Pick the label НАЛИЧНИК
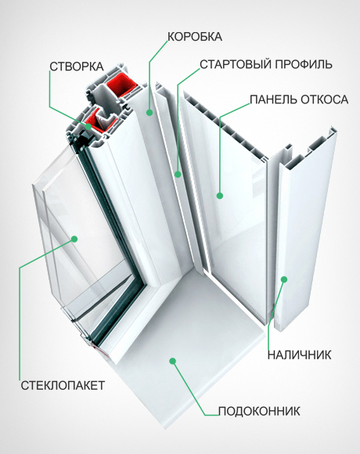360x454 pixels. pyautogui.click(x=299, y=355)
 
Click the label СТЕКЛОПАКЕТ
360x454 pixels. pyautogui.click(x=52, y=385)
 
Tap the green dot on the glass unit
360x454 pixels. pyautogui.click(x=75, y=237)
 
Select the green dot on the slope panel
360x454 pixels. pyautogui.click(x=220, y=195)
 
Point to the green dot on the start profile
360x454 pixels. pyautogui.click(x=178, y=174)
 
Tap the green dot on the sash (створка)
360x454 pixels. pyautogui.click(x=78, y=123)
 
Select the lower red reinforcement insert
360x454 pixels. pyautogui.click(x=100, y=119)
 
